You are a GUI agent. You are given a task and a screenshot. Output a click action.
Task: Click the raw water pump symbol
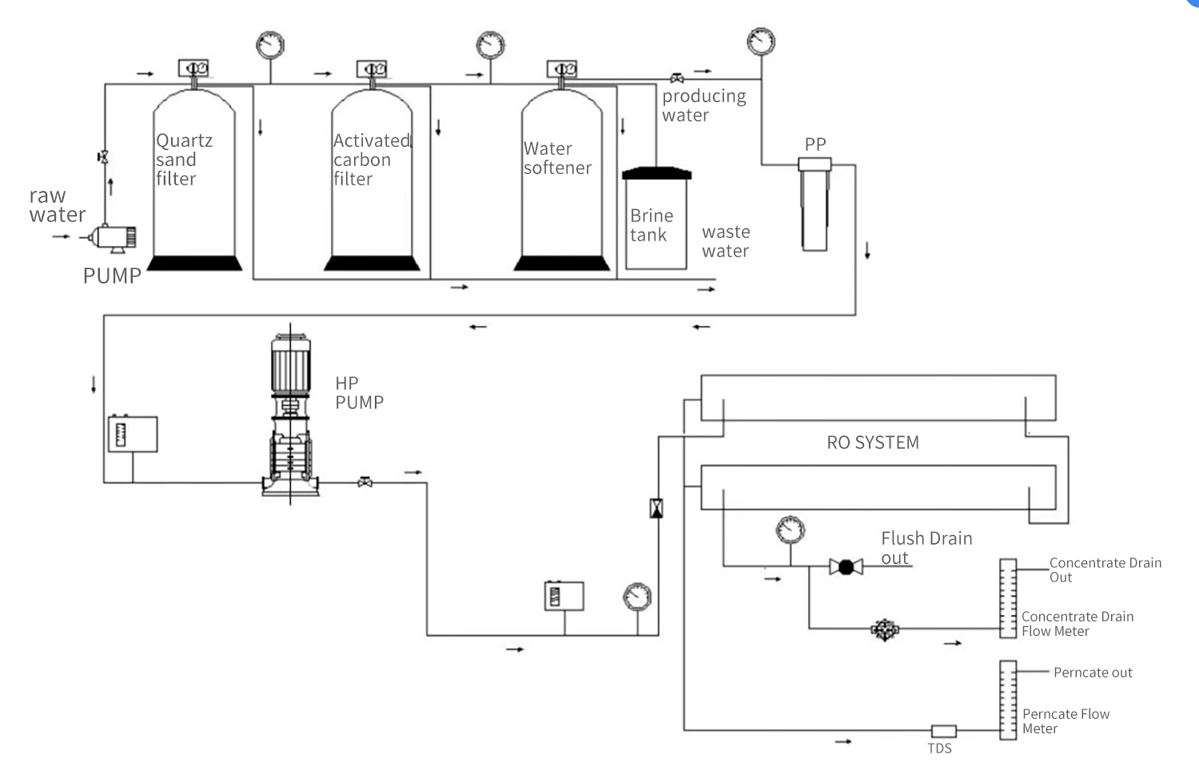click(113, 238)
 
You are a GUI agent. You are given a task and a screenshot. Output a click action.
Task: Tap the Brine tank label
click(651, 225)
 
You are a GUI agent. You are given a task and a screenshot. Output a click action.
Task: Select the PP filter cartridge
click(815, 204)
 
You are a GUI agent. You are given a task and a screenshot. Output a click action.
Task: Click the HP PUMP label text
click(359, 393)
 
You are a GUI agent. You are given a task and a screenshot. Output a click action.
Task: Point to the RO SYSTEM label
click(873, 443)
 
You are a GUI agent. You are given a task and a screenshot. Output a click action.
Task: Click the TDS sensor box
click(944, 731)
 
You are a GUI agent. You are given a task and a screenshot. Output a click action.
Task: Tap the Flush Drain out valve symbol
click(846, 566)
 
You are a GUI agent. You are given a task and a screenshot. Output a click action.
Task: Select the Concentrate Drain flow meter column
click(1008, 598)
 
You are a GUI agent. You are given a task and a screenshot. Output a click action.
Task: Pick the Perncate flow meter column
click(1008, 701)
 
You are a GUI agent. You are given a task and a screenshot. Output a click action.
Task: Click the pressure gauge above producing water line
click(761, 42)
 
